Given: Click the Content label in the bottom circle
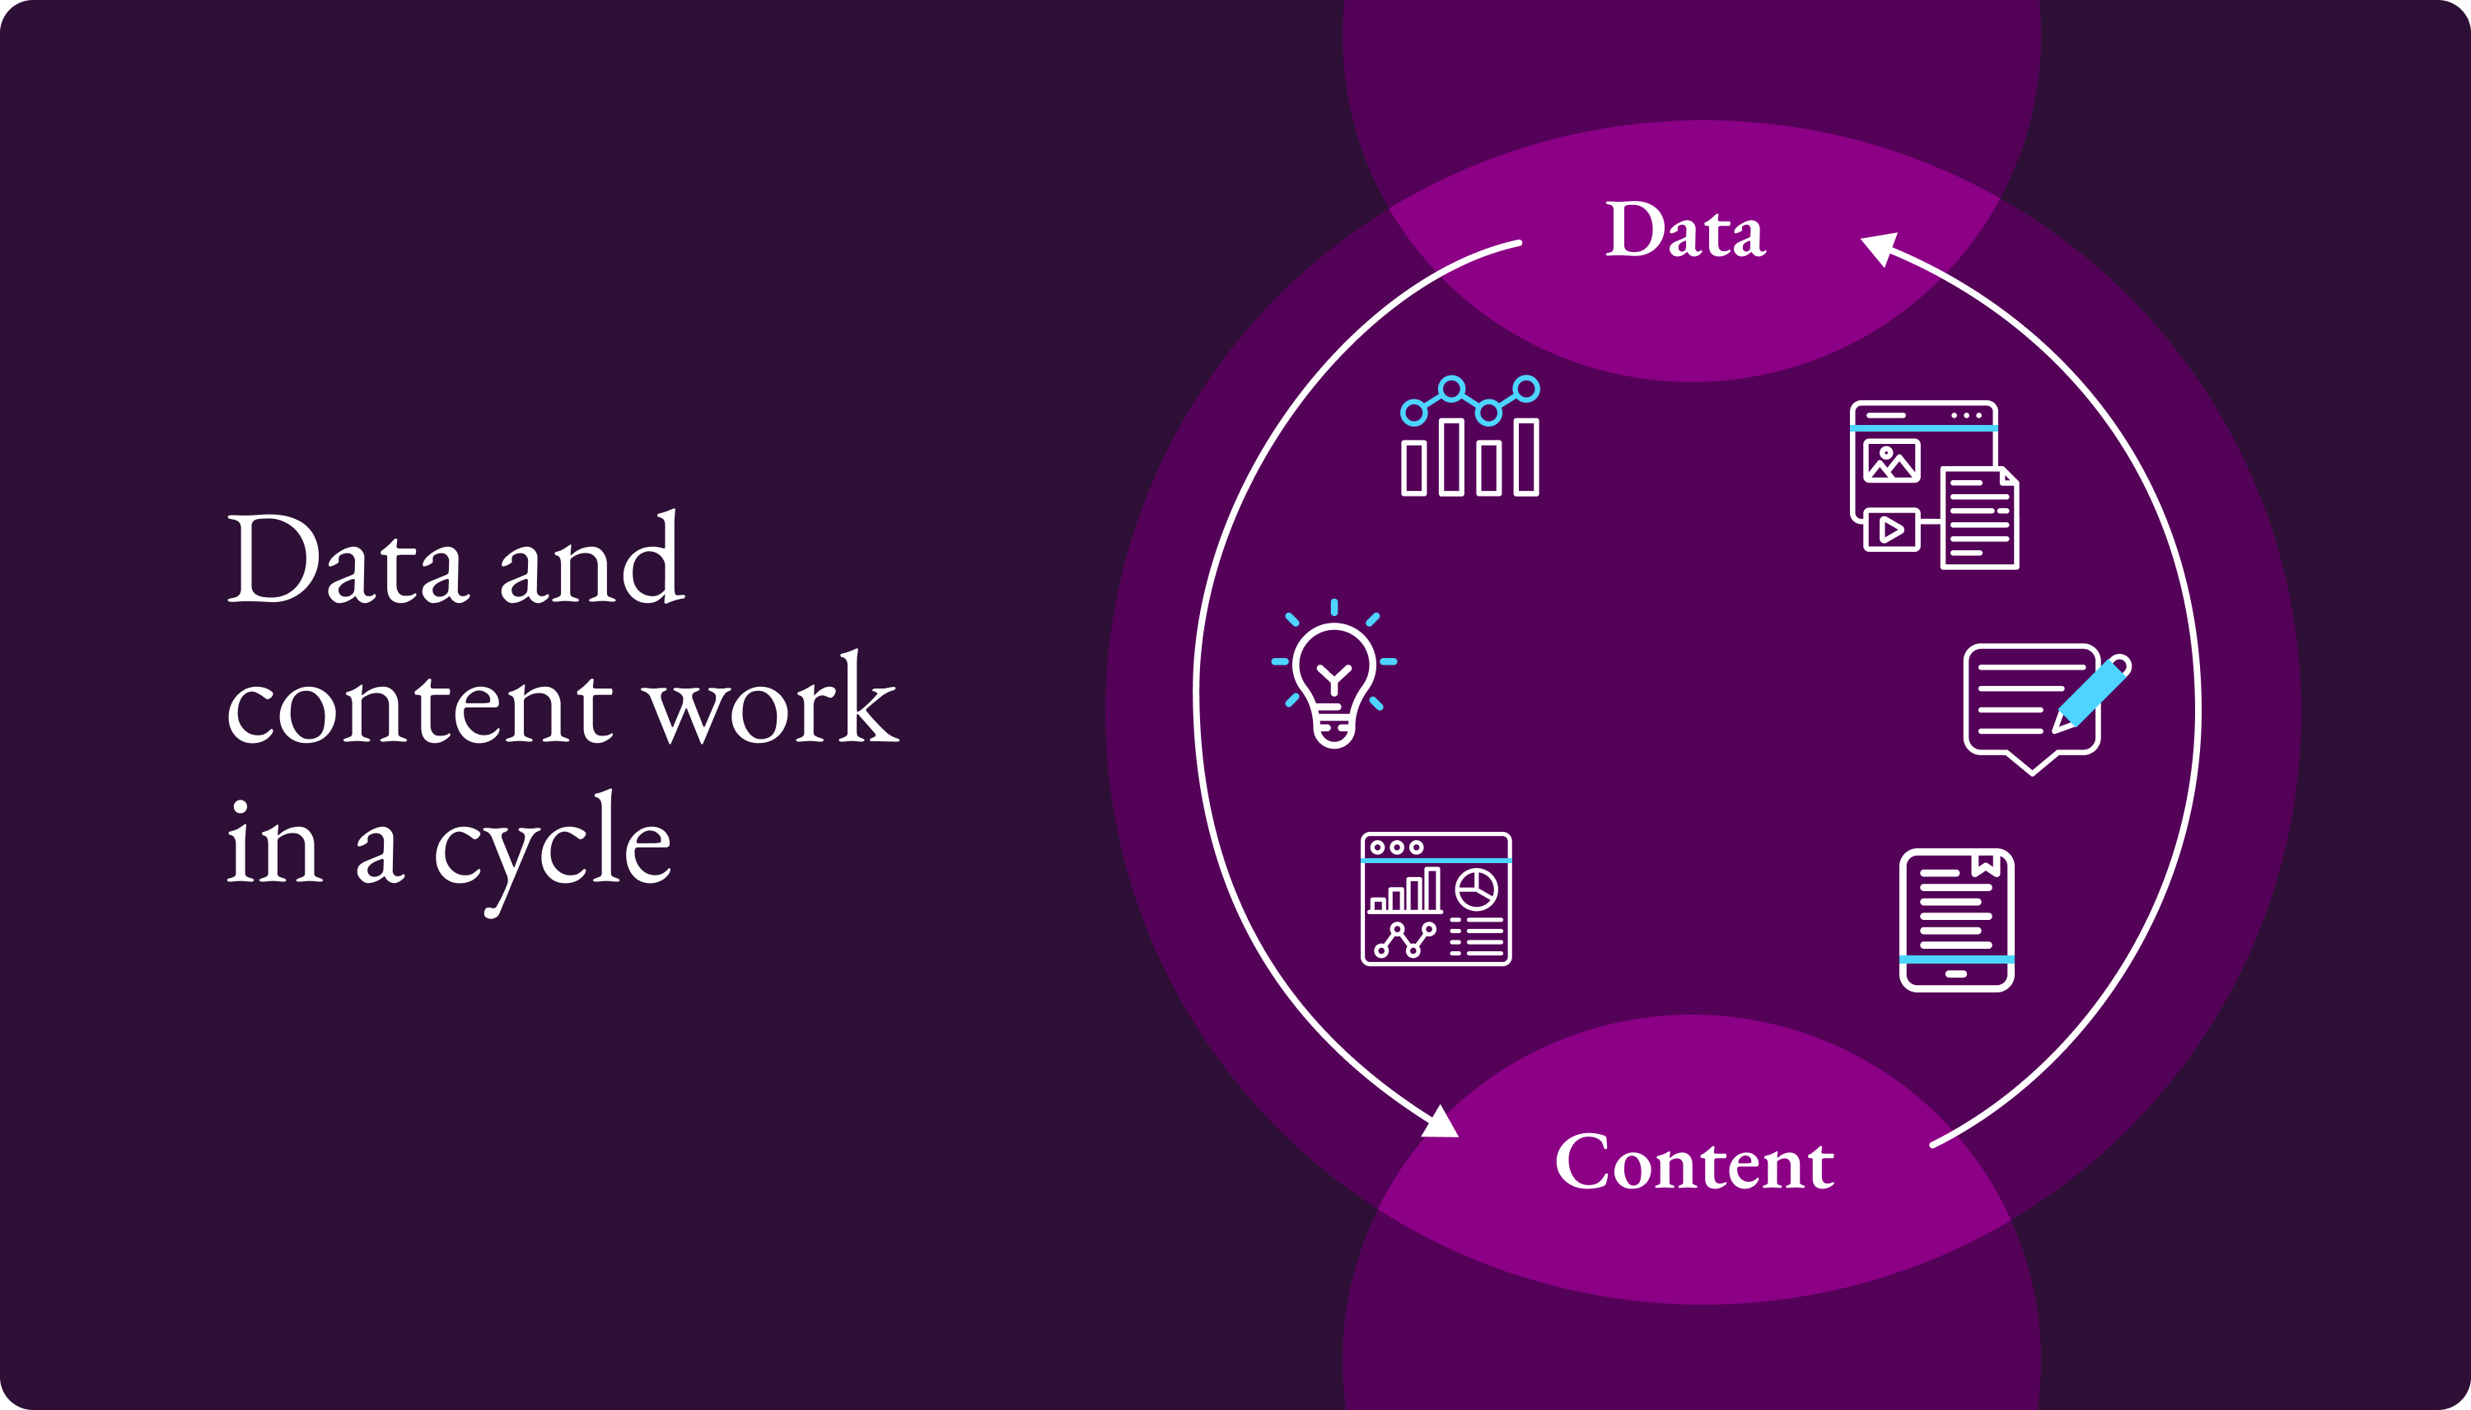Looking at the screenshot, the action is tap(1694, 1162).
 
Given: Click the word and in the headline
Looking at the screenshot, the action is tap(591, 562).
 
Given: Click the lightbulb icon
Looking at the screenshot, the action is tap(1334, 678).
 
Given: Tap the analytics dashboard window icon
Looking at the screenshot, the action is tap(1436, 899).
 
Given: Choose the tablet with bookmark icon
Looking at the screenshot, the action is tap(1957, 920).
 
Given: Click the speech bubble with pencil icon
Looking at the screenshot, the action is tap(2043, 707).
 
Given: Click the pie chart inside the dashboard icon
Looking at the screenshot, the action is tap(1477, 888).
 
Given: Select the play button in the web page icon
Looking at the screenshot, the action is tap(1891, 530).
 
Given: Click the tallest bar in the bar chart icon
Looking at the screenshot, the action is tap(1450, 457).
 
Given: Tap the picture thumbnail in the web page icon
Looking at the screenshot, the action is tap(1891, 461).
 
